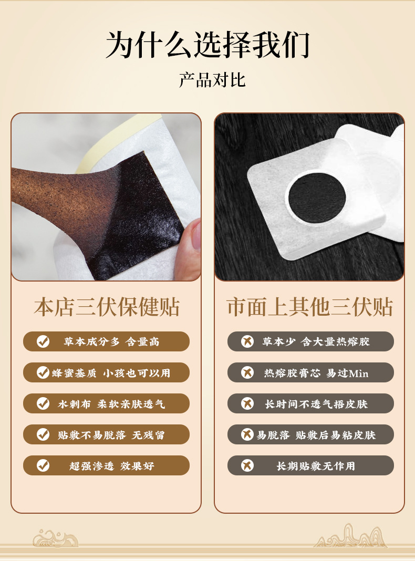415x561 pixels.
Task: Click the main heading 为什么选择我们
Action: (207, 45)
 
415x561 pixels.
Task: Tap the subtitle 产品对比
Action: (212, 80)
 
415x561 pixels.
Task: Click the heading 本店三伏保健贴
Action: (107, 307)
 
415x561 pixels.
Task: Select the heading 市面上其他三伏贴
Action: (310, 307)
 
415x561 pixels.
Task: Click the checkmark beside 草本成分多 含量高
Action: (43, 341)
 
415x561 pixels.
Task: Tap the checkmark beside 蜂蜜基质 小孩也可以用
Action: (43, 372)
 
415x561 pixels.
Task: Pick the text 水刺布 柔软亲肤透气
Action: (111, 404)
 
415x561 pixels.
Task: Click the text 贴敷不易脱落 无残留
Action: (111, 435)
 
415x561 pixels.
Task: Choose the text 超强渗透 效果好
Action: (112, 466)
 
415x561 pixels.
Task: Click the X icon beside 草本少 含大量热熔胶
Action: (247, 341)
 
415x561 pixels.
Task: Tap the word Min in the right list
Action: (358, 373)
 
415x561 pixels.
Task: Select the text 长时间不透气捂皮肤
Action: (316, 404)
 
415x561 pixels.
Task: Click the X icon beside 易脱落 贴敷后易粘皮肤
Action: (247, 434)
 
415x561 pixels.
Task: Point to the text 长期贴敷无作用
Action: (316, 466)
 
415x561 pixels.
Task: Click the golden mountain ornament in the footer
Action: (350, 536)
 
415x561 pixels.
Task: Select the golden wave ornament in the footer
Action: (55, 538)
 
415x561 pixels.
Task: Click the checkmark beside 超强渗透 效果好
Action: (43, 465)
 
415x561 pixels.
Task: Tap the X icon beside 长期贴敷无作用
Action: (247, 465)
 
